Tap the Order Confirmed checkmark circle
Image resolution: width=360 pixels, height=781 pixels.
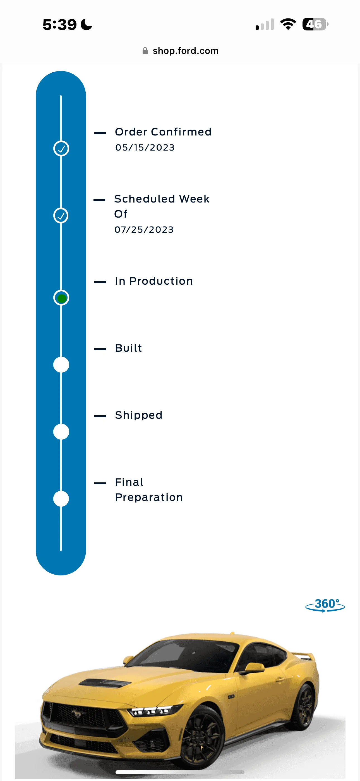61,149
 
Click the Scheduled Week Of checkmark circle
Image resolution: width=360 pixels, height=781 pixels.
61,216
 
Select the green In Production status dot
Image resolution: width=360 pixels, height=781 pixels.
61,298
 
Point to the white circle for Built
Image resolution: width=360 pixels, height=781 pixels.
61,365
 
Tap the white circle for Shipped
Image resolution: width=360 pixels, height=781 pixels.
61,432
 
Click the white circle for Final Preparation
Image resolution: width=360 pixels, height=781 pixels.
61,499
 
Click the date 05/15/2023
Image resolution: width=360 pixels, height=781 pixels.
145,148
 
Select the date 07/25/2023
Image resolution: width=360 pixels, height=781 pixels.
144,230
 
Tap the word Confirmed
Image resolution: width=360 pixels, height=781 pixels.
181,132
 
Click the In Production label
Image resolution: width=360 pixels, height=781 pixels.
154,281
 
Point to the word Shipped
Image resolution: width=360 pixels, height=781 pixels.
139,415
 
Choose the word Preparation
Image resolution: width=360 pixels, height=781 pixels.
149,497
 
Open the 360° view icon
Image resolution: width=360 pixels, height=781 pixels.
325,605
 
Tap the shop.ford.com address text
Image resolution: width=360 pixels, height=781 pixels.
186,51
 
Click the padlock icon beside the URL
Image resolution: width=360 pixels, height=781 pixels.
145,51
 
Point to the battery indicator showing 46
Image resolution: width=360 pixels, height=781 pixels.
315,24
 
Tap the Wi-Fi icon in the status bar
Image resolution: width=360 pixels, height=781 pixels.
288,24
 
